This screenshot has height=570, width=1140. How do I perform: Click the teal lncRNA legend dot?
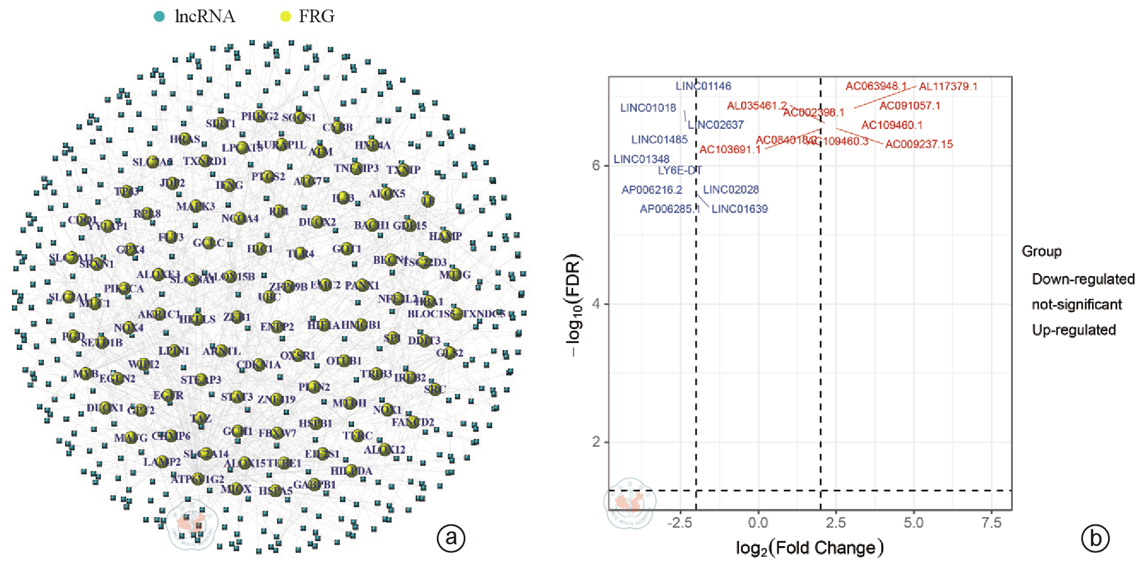click(x=160, y=17)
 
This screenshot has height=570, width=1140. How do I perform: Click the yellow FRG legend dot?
click(x=285, y=17)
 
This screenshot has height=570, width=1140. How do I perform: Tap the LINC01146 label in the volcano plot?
click(x=703, y=86)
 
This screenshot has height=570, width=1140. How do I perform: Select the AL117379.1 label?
click(x=948, y=87)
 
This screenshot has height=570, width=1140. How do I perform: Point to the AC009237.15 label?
click(x=919, y=144)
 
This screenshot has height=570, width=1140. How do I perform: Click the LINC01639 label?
click(x=740, y=209)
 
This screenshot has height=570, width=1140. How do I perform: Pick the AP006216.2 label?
click(x=652, y=190)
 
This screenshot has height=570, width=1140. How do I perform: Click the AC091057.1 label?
click(x=910, y=106)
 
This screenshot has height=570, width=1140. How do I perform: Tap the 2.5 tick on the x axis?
click(x=836, y=523)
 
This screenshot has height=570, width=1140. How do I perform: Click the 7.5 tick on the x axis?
click(x=992, y=523)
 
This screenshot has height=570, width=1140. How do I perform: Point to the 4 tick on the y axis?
click(x=596, y=304)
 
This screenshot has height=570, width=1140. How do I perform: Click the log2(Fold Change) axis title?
click(x=810, y=548)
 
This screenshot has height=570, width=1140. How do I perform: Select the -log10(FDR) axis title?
click(x=573, y=306)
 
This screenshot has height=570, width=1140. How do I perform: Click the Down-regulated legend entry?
click(x=1083, y=279)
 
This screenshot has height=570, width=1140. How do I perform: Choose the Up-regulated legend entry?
click(x=1074, y=330)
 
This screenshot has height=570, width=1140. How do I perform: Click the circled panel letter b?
click(x=1096, y=538)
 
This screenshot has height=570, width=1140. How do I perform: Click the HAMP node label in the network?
click(x=445, y=236)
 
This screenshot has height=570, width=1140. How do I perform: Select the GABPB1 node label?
click(x=314, y=484)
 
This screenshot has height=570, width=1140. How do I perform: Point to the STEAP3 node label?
click(x=201, y=380)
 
